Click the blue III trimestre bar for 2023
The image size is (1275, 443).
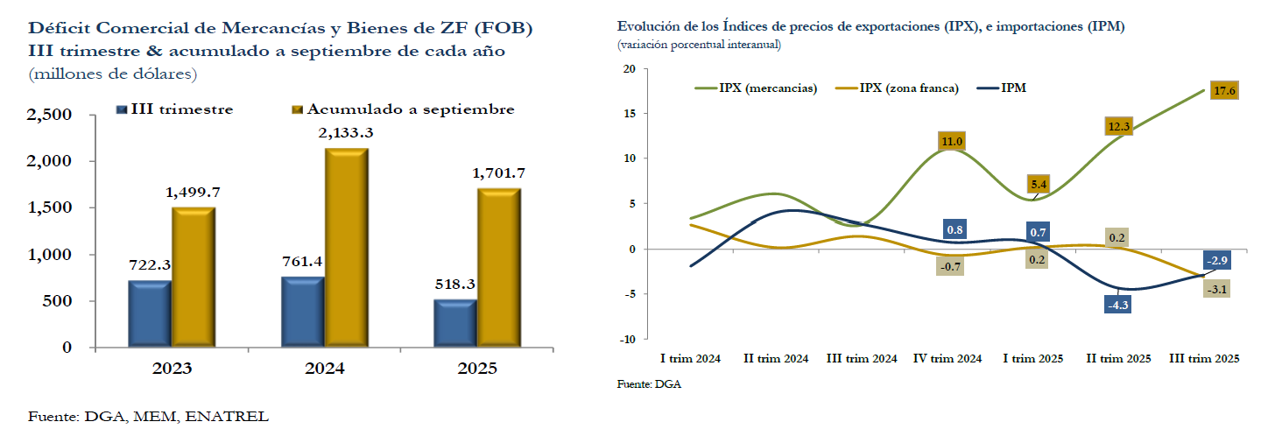click(150, 313)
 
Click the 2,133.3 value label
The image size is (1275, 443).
click(346, 132)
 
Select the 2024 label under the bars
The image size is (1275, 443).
click(324, 369)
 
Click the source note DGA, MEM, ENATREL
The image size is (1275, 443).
click(149, 416)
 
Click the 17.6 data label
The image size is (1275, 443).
click(1224, 91)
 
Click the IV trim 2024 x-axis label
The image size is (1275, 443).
click(949, 359)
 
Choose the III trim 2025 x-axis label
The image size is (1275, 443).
click(1205, 359)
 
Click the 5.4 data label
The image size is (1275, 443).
click(1040, 185)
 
